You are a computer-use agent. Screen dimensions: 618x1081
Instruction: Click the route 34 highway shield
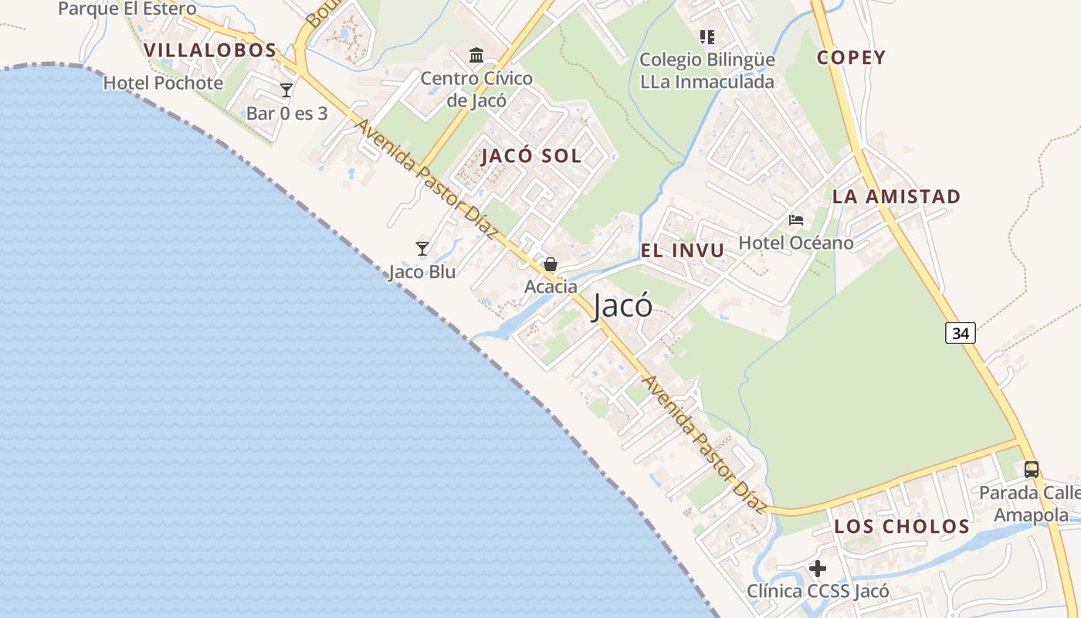(960, 333)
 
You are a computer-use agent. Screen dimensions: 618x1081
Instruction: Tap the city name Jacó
(622, 307)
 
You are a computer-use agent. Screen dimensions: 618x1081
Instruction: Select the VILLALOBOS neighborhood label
(210, 51)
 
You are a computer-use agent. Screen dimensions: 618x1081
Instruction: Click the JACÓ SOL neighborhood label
(531, 156)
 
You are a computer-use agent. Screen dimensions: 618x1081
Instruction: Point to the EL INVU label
(683, 250)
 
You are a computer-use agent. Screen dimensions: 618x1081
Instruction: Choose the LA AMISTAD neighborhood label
(896, 197)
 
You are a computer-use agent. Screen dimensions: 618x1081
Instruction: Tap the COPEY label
(851, 58)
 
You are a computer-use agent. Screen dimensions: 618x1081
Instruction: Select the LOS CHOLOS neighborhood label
(901, 527)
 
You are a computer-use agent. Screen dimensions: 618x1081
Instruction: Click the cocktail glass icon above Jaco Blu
(422, 249)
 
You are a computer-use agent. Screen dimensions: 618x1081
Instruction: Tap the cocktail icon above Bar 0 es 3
(286, 90)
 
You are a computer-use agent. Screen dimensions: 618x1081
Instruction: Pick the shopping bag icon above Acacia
(551, 264)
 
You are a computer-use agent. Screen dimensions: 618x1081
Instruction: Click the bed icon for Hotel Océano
(796, 220)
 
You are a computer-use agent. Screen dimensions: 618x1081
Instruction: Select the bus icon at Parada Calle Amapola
(1031, 469)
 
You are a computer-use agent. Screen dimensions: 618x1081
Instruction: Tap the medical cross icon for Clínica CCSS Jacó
(818, 569)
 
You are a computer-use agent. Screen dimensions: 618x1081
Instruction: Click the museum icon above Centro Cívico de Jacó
(476, 56)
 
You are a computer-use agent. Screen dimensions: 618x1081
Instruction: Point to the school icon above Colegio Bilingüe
(707, 36)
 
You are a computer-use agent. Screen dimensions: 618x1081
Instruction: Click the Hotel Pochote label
(163, 83)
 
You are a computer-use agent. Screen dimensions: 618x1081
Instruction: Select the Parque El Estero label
(127, 9)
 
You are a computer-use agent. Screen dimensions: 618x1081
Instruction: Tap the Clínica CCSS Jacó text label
(818, 592)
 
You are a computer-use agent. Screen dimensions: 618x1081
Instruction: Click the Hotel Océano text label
(796, 243)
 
